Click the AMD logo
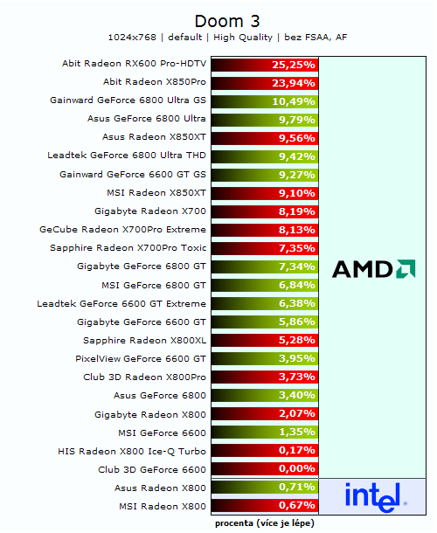tap(374, 269)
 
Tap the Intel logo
tap(377, 496)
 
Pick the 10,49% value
tap(294, 101)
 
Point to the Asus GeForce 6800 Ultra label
tap(147, 119)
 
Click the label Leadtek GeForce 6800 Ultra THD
tap(127, 156)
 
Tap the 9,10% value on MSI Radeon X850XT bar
tap(295, 193)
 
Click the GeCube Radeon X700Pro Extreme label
tap(123, 229)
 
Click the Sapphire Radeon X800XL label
tap(144, 340)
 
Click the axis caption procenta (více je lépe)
tap(265, 523)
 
